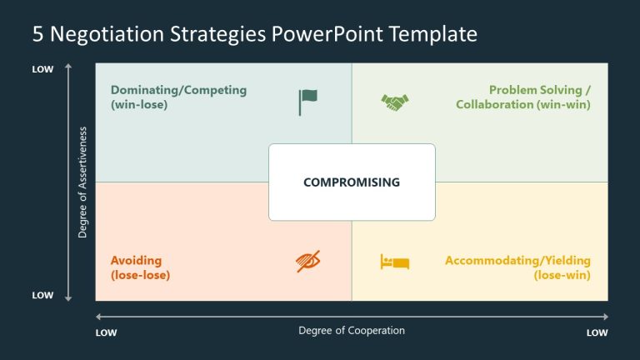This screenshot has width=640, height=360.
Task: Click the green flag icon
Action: click(x=307, y=102)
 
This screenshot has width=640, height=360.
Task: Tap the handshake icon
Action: click(x=395, y=102)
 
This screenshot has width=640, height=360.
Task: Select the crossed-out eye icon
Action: click(x=307, y=262)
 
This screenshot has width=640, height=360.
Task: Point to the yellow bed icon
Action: click(x=395, y=262)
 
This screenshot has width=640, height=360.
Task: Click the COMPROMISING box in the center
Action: click(x=352, y=182)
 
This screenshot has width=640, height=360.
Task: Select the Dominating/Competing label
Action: click(x=178, y=90)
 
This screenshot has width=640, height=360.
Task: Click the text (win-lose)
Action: click(x=139, y=105)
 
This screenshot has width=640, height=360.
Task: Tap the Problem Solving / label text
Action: click(x=540, y=90)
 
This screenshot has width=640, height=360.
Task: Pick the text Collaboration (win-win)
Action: click(x=523, y=105)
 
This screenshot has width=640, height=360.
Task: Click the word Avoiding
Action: click(x=136, y=260)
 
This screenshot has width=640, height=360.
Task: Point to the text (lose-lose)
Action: click(x=140, y=275)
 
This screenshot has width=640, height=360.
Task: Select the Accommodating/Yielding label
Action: click(x=517, y=260)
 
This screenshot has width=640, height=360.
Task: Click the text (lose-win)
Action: click(x=562, y=275)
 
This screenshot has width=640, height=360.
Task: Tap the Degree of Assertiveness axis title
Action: click(x=82, y=182)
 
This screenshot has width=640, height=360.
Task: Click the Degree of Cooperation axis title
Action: click(x=352, y=331)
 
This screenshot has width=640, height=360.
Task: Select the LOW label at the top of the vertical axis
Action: click(x=42, y=69)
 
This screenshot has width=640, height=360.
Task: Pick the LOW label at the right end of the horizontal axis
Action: click(x=597, y=332)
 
